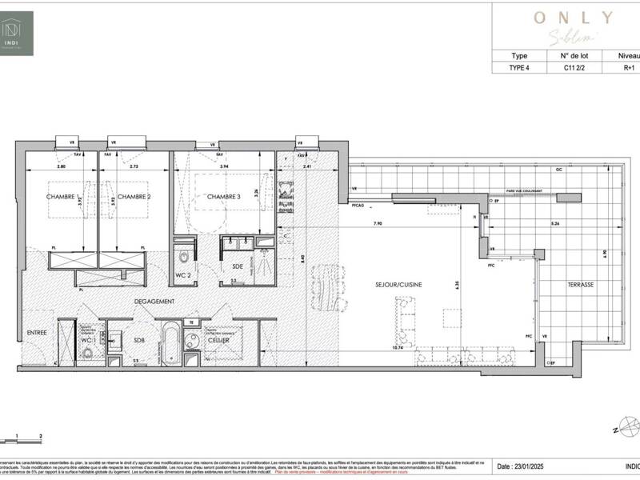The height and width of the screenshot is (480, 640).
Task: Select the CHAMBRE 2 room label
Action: coord(134,197)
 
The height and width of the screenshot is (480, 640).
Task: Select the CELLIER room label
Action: coord(218,340)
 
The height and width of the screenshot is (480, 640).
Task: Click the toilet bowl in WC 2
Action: coord(184,258)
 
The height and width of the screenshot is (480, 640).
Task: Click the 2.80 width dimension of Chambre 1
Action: coord(62,166)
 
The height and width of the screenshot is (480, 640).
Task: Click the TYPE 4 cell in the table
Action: coord(519,68)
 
